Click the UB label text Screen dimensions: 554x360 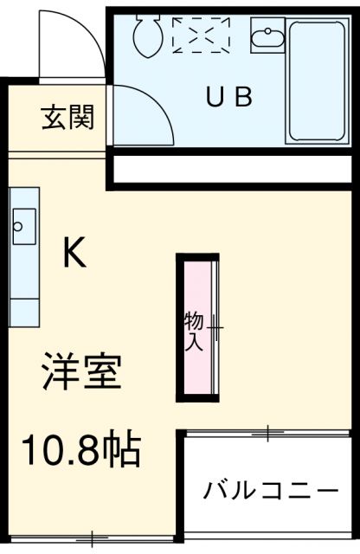click(228, 97)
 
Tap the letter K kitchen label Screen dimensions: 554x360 click(73, 253)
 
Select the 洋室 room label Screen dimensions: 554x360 click(82, 373)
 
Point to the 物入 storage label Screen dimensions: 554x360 click(193, 332)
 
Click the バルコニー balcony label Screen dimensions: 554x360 click(271, 491)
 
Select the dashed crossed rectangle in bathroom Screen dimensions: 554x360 click(201, 35)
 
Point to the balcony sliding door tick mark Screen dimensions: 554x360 click(268, 430)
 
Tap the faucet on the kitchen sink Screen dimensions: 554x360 click(16, 227)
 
